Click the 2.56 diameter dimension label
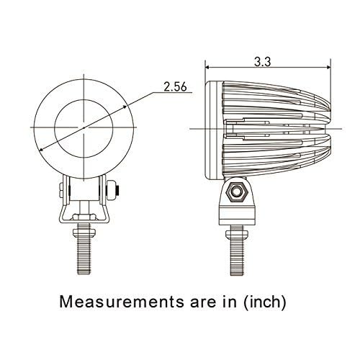(x=175, y=88)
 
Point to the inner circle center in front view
(x=85, y=127)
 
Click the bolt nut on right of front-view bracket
(x=113, y=192)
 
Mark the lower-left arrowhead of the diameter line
(x=42, y=149)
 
